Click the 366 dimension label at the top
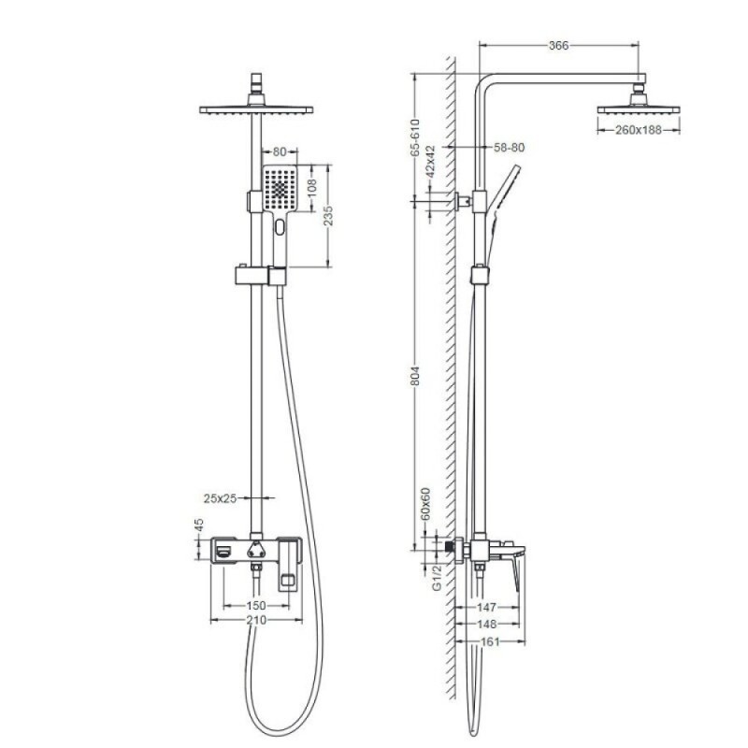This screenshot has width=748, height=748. click(x=558, y=45)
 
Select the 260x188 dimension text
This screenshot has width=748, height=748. click(x=639, y=130)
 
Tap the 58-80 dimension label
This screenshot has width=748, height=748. click(x=509, y=148)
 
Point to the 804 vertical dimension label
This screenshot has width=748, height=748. click(x=414, y=376)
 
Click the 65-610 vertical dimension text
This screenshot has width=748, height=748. click(x=414, y=137)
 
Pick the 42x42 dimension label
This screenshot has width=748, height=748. click(x=430, y=162)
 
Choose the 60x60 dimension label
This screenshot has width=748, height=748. click(x=425, y=503)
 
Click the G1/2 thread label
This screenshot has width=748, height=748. click(x=437, y=578)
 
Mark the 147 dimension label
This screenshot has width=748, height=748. click(x=486, y=607)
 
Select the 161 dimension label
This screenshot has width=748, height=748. click(x=490, y=641)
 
